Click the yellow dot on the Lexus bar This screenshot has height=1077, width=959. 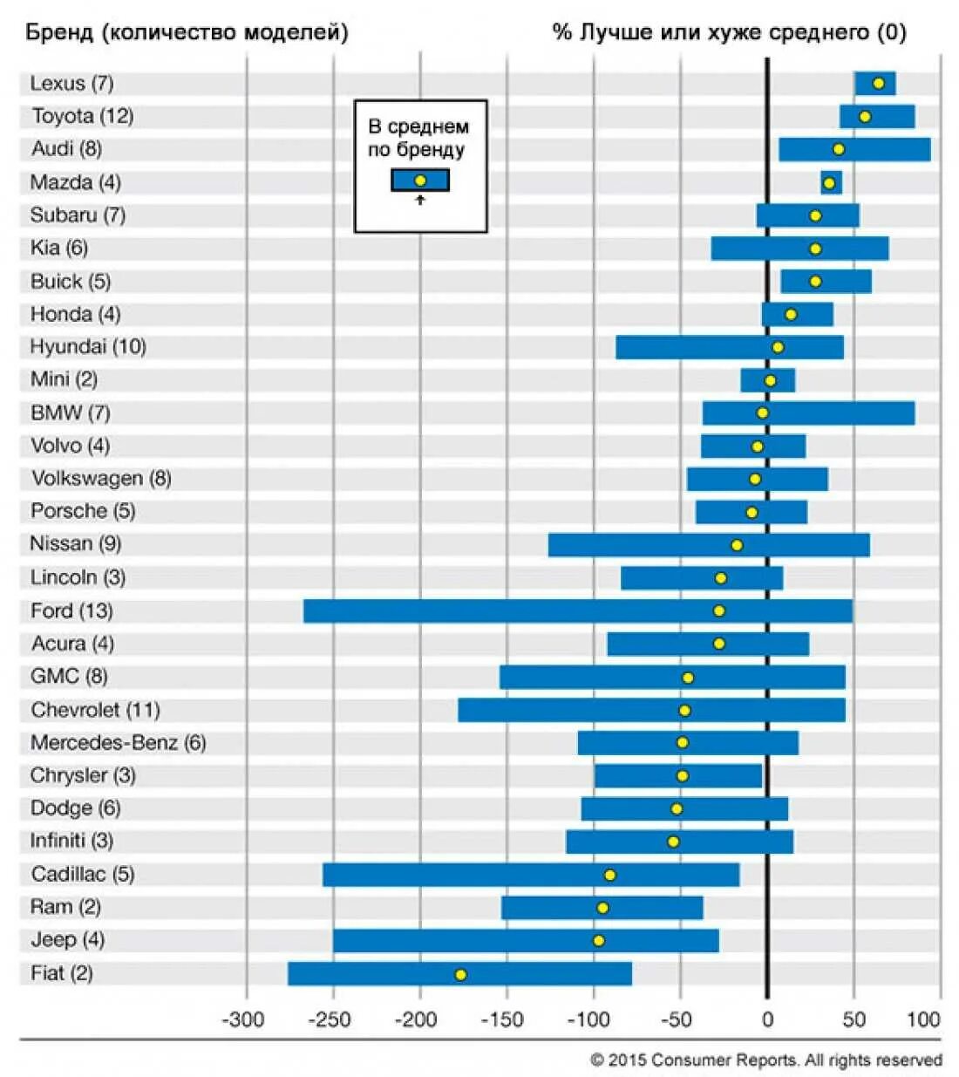(879, 84)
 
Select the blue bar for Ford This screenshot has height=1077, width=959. (577, 610)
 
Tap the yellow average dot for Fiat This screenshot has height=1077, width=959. (460, 974)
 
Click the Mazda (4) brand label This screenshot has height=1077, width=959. (75, 182)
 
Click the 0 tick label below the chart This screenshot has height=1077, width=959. (767, 1019)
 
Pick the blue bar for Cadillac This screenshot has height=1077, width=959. (531, 875)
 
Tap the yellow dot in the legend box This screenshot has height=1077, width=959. (420, 181)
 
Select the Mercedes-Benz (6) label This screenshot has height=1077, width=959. (118, 743)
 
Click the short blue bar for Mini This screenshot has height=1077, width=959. (767, 380)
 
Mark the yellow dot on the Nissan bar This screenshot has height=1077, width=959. (737, 545)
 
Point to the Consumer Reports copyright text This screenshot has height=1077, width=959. (765, 1060)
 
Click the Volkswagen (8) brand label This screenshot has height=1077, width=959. (101, 478)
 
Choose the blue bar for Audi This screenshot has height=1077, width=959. (854, 149)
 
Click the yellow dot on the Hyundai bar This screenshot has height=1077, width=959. (778, 347)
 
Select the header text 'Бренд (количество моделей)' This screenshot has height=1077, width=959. (187, 33)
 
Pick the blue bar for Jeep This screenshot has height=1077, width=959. (526, 940)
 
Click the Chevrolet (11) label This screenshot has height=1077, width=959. (95, 710)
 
